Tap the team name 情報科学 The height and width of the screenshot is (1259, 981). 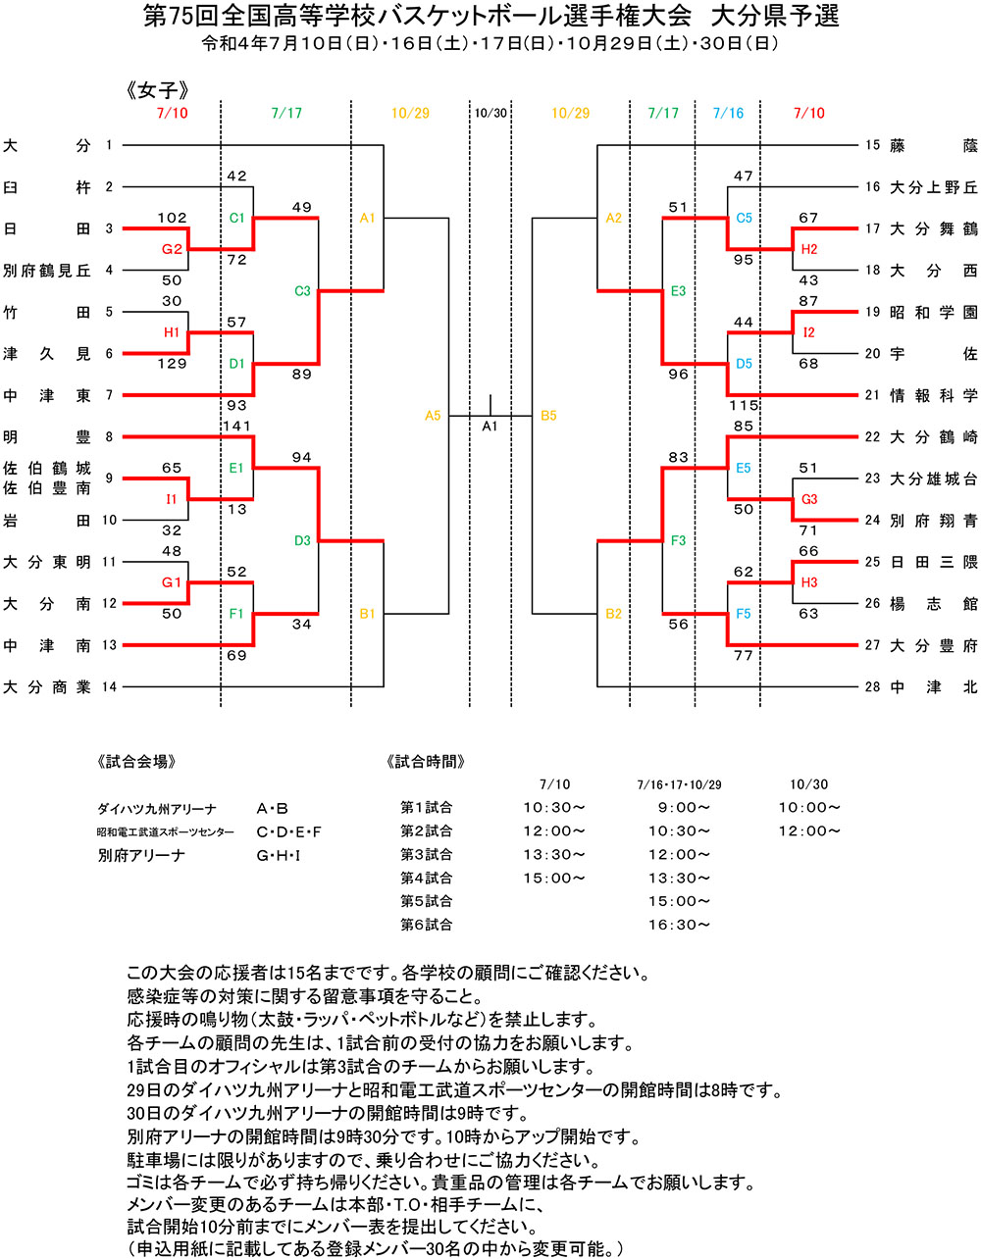pyautogui.click(x=934, y=395)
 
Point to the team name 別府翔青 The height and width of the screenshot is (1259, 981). pyautogui.click(x=934, y=521)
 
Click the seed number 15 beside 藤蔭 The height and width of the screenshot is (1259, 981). pyautogui.click(x=872, y=145)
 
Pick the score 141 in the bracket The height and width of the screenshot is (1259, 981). pyautogui.click(x=237, y=427)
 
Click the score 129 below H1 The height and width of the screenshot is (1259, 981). pyautogui.click(x=172, y=364)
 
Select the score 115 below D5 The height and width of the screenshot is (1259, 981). pyautogui.click(x=744, y=405)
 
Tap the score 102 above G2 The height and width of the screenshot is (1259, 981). pyautogui.click(x=172, y=218)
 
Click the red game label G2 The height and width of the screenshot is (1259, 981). pyautogui.click(x=172, y=249)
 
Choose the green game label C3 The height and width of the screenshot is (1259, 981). pyautogui.click(x=302, y=291)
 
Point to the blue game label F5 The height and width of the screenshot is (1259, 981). pyautogui.click(x=744, y=614)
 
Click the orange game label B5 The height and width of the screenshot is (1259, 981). pyautogui.click(x=548, y=416)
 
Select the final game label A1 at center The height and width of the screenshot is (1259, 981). pyautogui.click(x=490, y=427)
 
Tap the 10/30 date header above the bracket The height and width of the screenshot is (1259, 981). pyautogui.click(x=490, y=113)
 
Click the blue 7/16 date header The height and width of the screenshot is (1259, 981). pyautogui.click(x=728, y=113)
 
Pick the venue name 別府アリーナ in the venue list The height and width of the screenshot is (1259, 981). pyautogui.click(x=141, y=855)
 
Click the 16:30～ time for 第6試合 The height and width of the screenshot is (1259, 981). pyautogui.click(x=679, y=925)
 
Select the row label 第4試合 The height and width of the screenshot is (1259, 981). pyautogui.click(x=426, y=878)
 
